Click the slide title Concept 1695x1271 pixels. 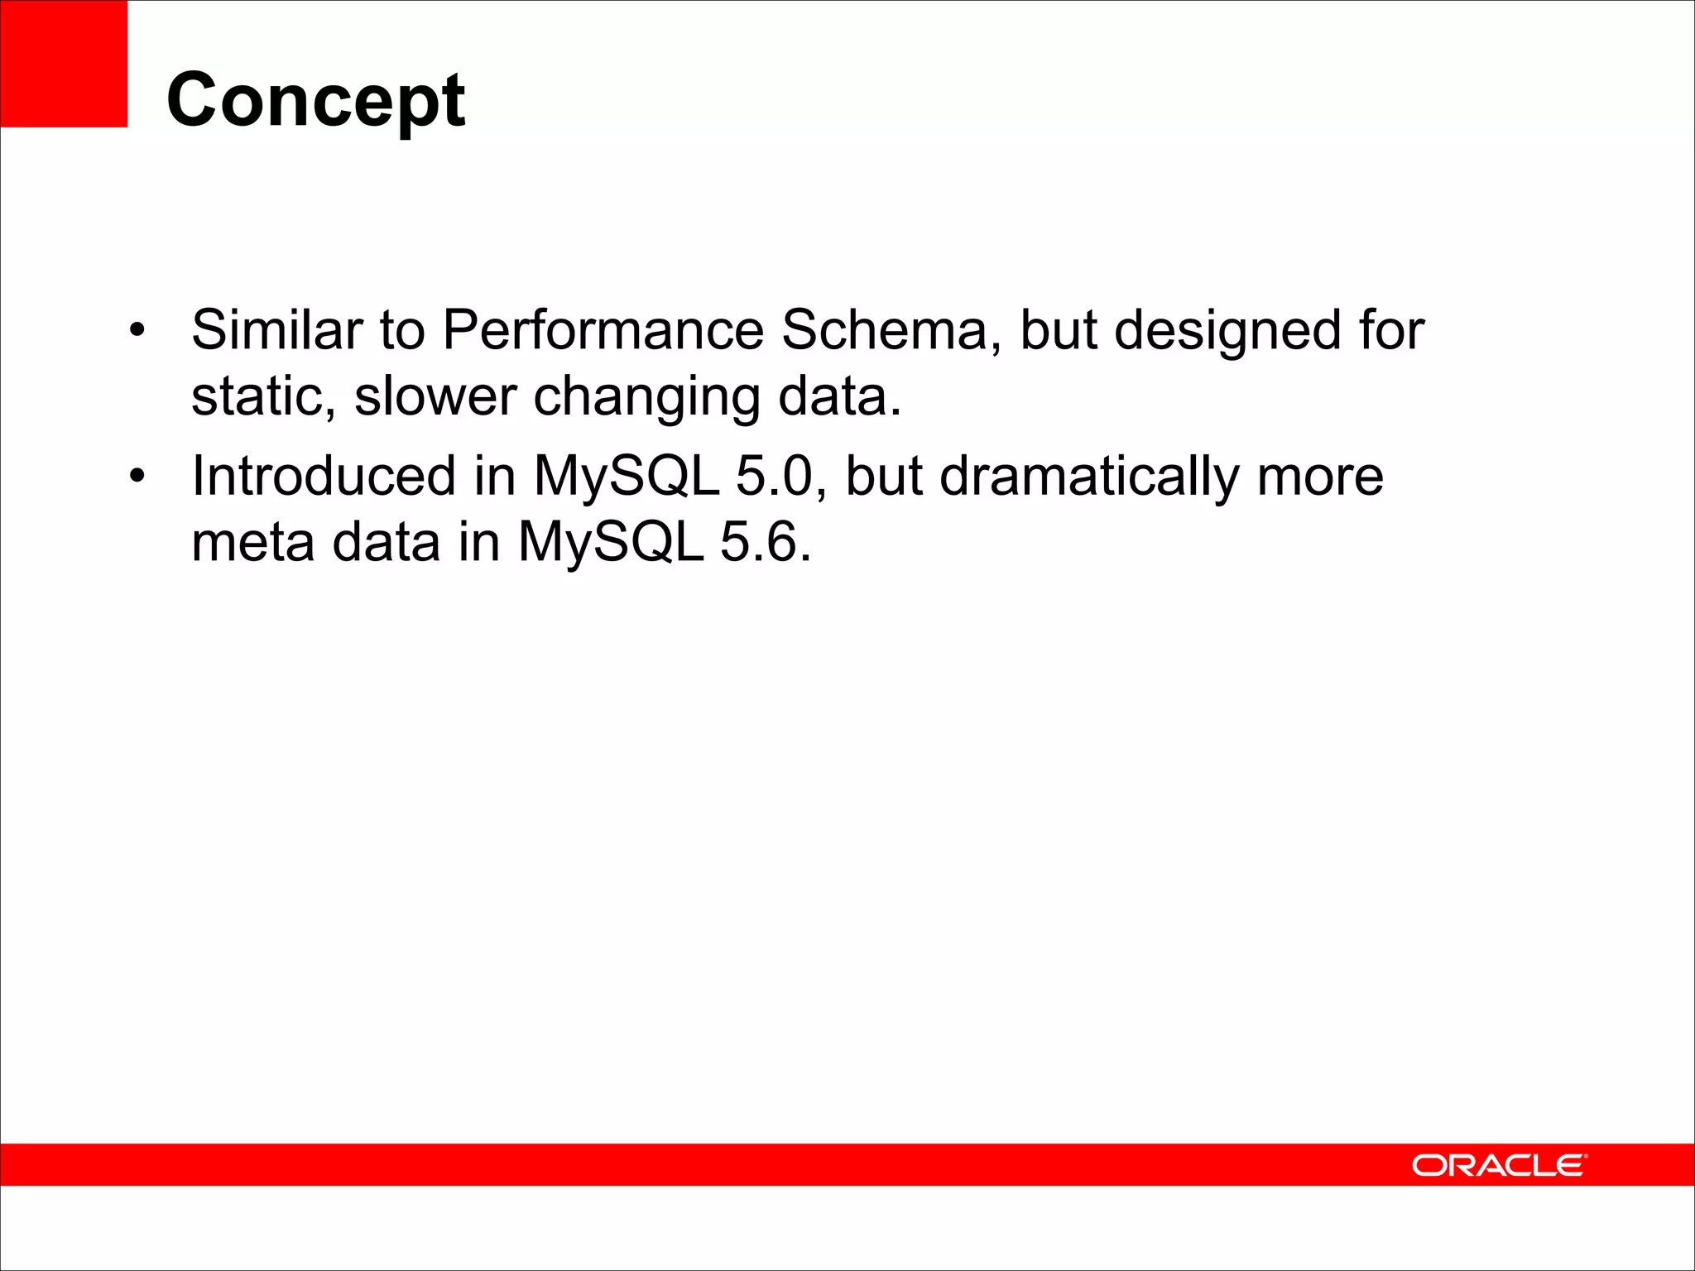coord(315,101)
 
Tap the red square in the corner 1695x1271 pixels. coord(64,64)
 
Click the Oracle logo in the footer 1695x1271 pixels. coord(1499,1165)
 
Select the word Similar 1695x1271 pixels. coord(276,329)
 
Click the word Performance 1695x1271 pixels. coord(603,329)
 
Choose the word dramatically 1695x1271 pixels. coord(1089,477)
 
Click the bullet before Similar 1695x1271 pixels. coord(137,331)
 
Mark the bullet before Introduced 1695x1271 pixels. coord(137,477)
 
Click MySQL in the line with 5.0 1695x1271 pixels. coord(627,477)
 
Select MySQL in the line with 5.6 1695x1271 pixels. coord(611,544)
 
